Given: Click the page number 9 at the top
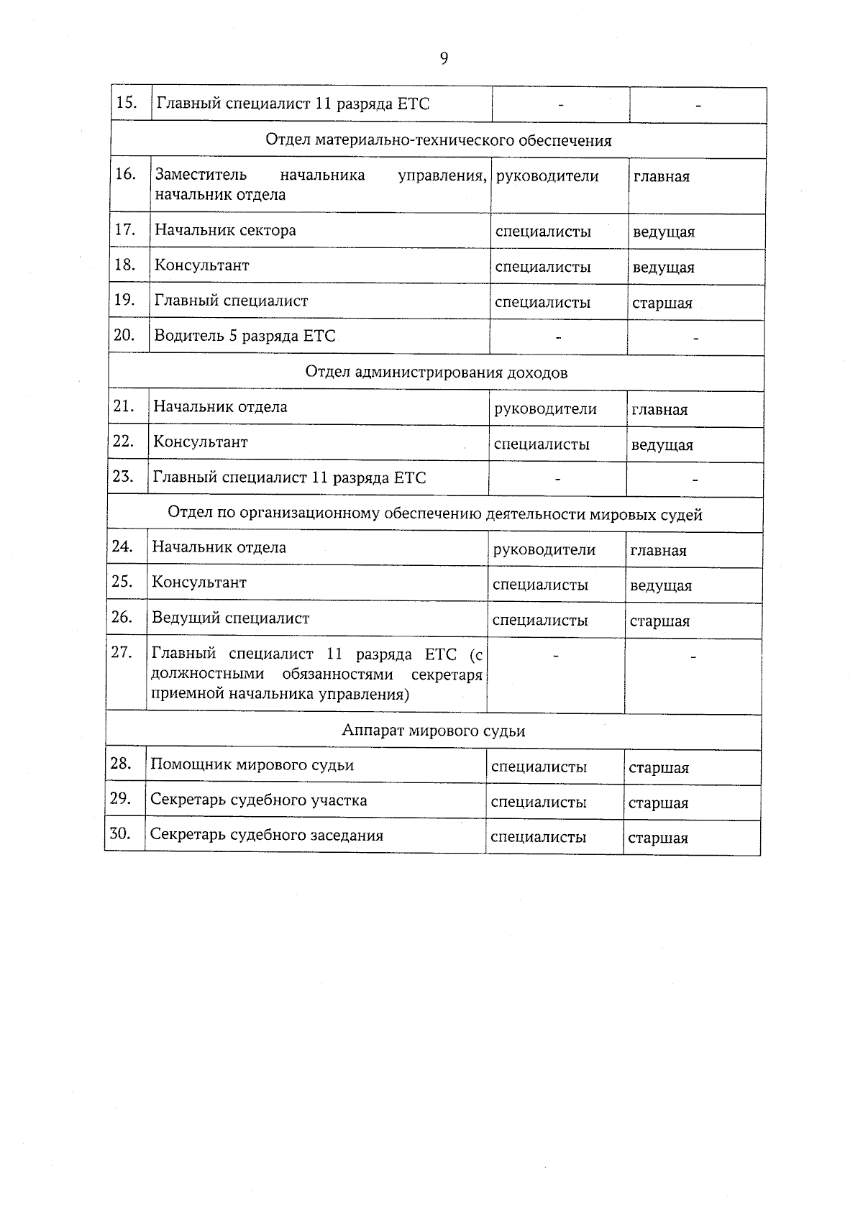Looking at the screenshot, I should click(x=444, y=59).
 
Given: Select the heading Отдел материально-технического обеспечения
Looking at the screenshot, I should click(x=438, y=140).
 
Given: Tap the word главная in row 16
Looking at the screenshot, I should click(x=661, y=177).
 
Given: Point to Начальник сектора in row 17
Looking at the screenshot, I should click(x=225, y=231).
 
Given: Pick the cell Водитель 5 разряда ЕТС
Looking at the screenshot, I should click(x=245, y=336).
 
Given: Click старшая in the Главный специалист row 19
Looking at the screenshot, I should click(x=662, y=303).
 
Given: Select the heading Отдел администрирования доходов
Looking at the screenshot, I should click(x=436, y=372).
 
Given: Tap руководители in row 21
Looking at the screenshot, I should click(x=545, y=409).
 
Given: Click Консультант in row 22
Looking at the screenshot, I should click(x=200, y=442).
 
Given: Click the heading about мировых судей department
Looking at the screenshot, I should click(x=434, y=515).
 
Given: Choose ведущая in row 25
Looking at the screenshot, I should click(x=660, y=586).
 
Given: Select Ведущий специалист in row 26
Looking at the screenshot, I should click(x=230, y=618).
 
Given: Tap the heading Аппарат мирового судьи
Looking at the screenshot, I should click(x=433, y=731).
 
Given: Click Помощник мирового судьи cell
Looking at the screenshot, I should click(x=252, y=765).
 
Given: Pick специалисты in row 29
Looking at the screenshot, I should click(x=538, y=802).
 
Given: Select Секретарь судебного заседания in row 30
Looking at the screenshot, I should click(x=266, y=836).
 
